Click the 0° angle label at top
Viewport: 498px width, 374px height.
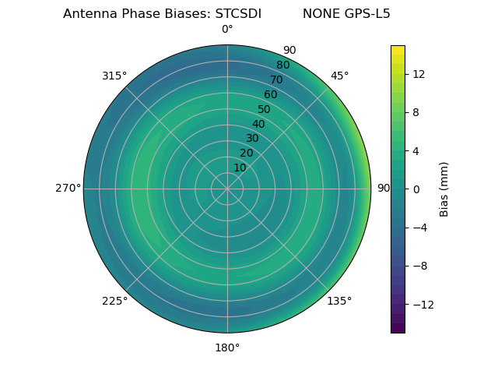[227, 30]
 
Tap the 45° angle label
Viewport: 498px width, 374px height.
[339, 76]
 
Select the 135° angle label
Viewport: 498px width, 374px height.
[339, 301]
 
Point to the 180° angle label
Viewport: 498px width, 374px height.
[227, 348]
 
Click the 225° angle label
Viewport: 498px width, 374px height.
[114, 301]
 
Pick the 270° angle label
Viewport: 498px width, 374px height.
[68, 188]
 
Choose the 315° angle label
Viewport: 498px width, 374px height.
[114, 76]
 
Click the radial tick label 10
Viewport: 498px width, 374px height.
[240, 168]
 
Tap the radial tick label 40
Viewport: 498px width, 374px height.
[258, 124]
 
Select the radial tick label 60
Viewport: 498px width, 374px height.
[271, 94]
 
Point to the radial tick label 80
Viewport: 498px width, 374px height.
[282, 65]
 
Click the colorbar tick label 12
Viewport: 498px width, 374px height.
[418, 74]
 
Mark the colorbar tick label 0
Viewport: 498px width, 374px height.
[416, 189]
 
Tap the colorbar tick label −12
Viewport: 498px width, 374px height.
[421, 304]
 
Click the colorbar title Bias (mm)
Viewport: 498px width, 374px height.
[444, 189]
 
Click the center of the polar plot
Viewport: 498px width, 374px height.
[227, 189]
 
